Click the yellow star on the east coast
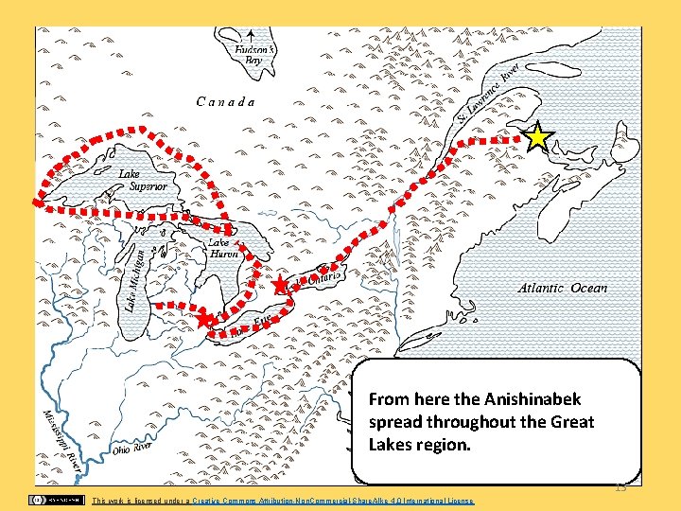[x=537, y=138]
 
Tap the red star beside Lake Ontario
[x=279, y=286]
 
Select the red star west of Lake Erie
[x=205, y=320]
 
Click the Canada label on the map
[x=225, y=101]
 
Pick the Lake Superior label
[x=143, y=181]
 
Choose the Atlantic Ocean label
[x=563, y=288]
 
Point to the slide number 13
[x=620, y=487]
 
